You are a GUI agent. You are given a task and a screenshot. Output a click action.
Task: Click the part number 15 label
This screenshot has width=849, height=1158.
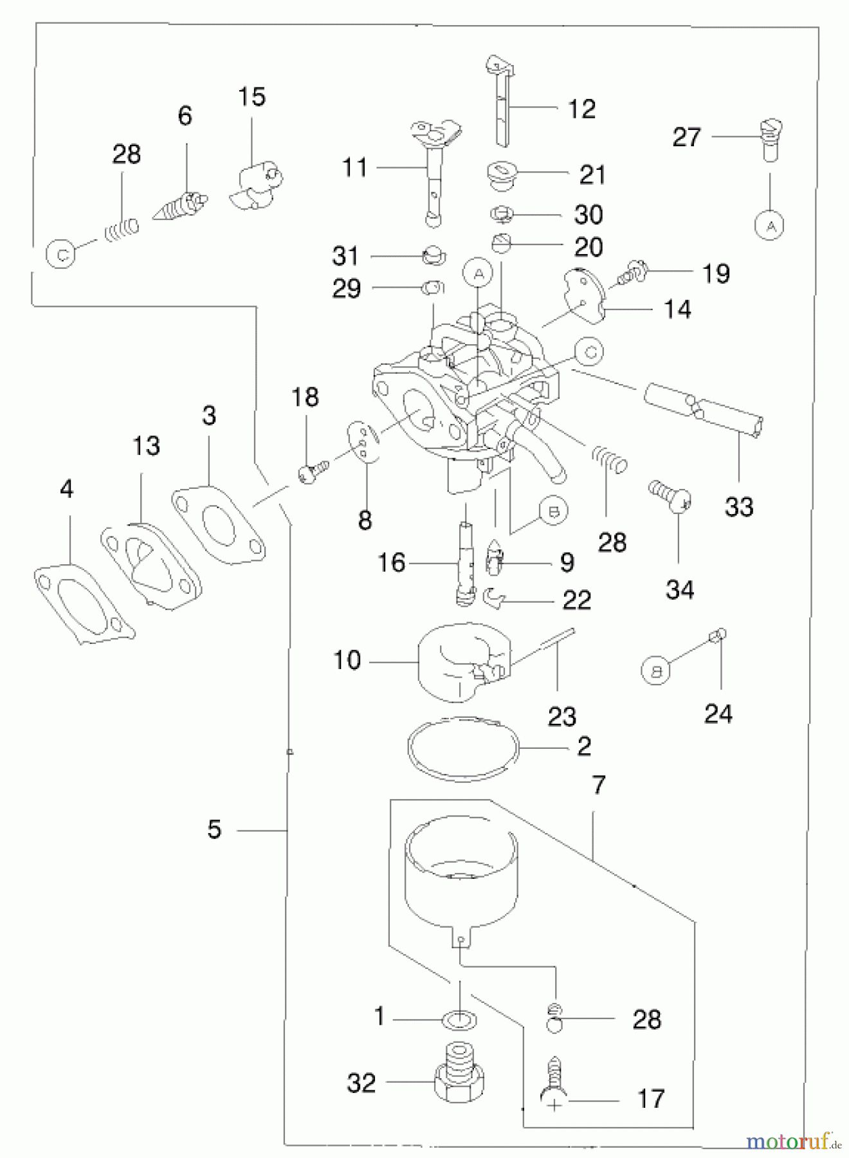[251, 97]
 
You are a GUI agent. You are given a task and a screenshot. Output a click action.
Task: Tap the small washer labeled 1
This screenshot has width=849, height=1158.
[462, 1020]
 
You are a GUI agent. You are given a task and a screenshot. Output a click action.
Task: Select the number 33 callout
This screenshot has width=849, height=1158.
[738, 507]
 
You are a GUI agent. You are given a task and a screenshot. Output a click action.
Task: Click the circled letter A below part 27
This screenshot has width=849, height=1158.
[769, 226]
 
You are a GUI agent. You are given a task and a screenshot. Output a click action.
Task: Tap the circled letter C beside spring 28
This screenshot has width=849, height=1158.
[61, 255]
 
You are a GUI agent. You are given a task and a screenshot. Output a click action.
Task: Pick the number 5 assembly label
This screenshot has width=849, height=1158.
[214, 830]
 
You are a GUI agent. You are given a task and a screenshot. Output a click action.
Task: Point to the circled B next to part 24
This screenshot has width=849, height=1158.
[657, 670]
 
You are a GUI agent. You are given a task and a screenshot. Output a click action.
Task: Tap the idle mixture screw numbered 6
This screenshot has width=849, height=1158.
[181, 206]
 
